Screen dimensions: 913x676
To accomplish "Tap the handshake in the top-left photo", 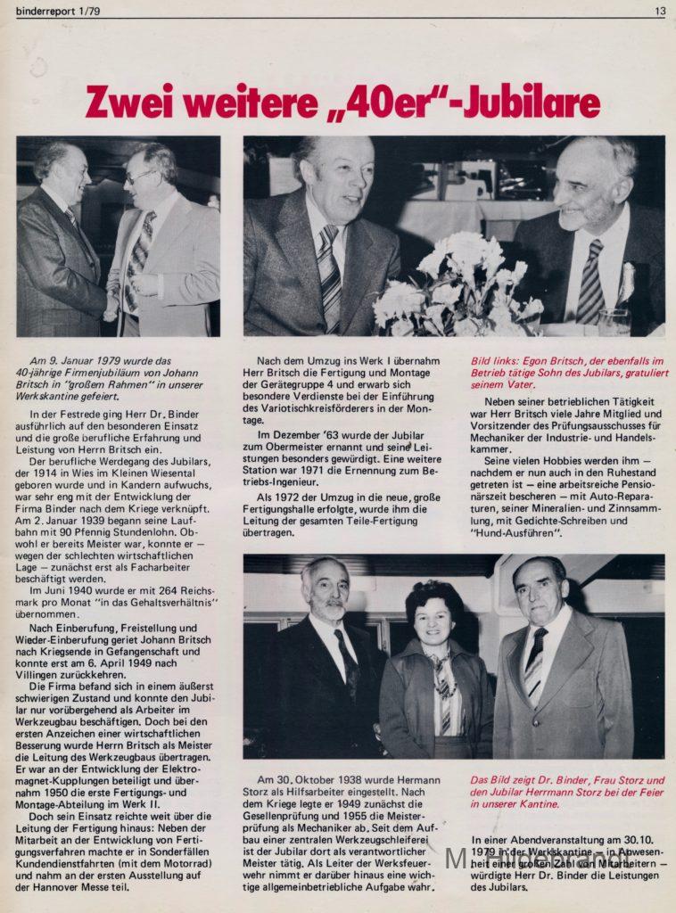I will point(113,308).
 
